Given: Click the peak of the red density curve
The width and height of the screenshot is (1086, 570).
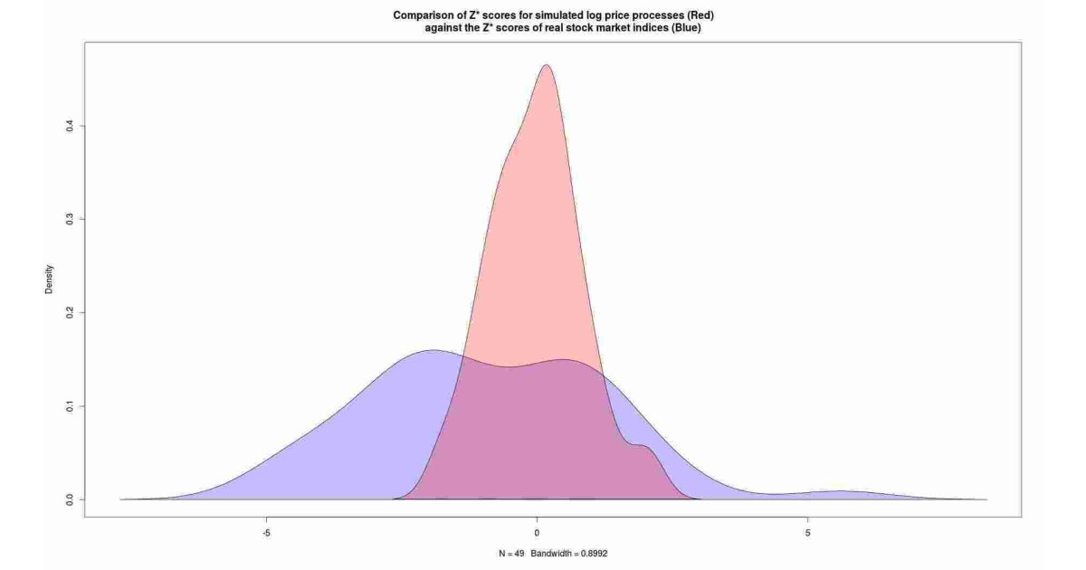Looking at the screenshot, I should [546, 65].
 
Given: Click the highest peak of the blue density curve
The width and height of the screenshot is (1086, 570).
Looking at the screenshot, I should [433, 350].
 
